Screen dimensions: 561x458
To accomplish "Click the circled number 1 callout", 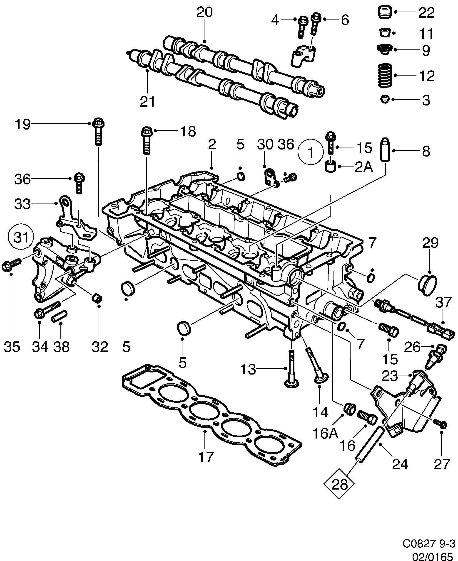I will click(x=311, y=152).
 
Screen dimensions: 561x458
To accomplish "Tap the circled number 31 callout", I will click(x=21, y=237).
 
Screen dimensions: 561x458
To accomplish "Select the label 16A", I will click(x=325, y=433).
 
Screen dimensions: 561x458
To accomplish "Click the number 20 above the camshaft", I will click(x=204, y=12).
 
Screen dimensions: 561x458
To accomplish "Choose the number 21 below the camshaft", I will click(x=147, y=101).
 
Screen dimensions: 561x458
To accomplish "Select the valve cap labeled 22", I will click(x=384, y=12).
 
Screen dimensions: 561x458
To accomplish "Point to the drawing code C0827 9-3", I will click(x=428, y=543).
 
